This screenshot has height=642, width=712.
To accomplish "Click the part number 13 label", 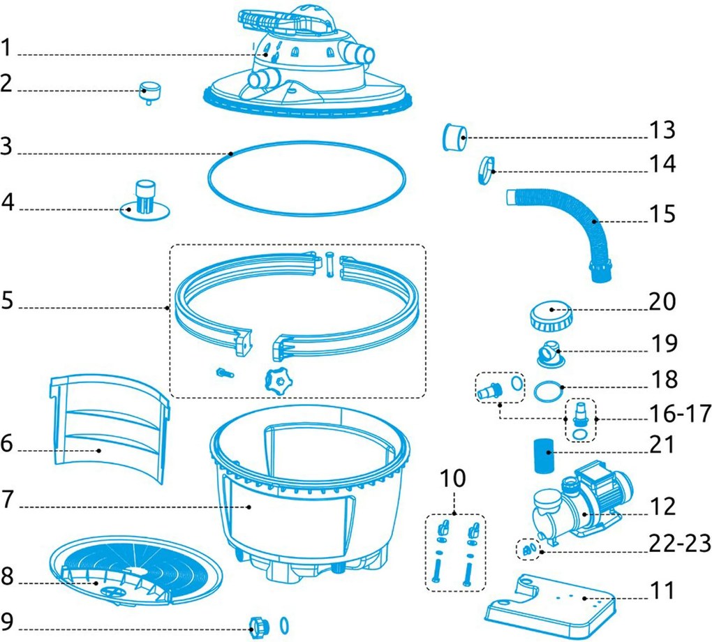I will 662,130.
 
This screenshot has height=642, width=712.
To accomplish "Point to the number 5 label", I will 8,304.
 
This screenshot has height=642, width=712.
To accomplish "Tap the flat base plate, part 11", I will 551,600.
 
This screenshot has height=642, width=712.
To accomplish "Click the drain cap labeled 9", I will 256,623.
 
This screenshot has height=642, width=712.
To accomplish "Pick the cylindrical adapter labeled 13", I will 454,135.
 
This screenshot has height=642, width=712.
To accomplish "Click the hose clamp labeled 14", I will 486,170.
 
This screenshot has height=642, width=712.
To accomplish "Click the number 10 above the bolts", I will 454,479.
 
